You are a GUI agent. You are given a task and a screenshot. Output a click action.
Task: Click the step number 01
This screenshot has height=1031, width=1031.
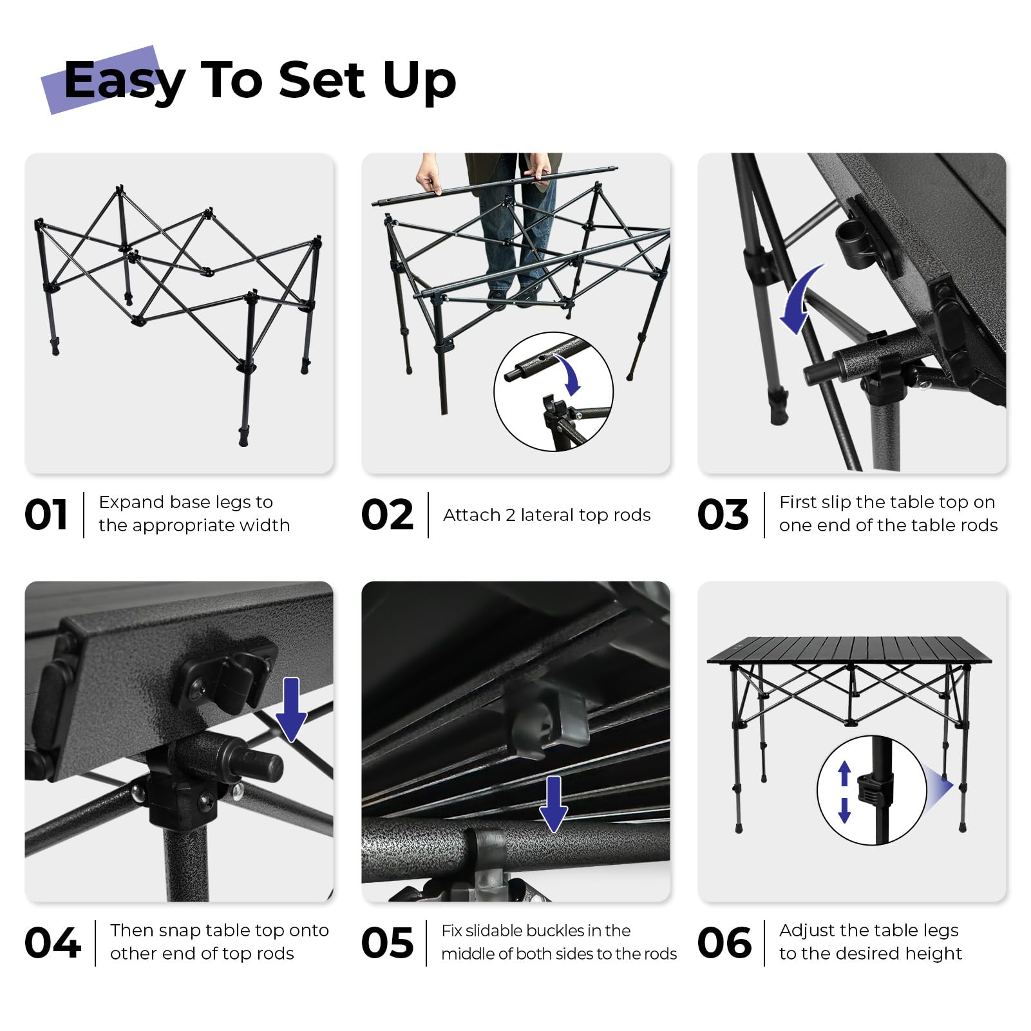(46, 515)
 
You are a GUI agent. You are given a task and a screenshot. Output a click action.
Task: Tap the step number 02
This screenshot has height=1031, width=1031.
(387, 515)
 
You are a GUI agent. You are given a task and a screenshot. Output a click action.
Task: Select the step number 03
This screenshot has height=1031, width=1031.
(723, 515)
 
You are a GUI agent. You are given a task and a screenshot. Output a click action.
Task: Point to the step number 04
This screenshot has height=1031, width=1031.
(52, 943)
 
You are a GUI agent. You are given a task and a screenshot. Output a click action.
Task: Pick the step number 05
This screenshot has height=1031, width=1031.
(387, 943)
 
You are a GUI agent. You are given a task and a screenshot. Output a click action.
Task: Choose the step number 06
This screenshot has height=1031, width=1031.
(724, 943)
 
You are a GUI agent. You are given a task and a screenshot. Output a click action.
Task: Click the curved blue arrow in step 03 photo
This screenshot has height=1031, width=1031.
(800, 300)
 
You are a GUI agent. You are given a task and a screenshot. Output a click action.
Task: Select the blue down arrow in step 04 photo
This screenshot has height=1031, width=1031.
(291, 709)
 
